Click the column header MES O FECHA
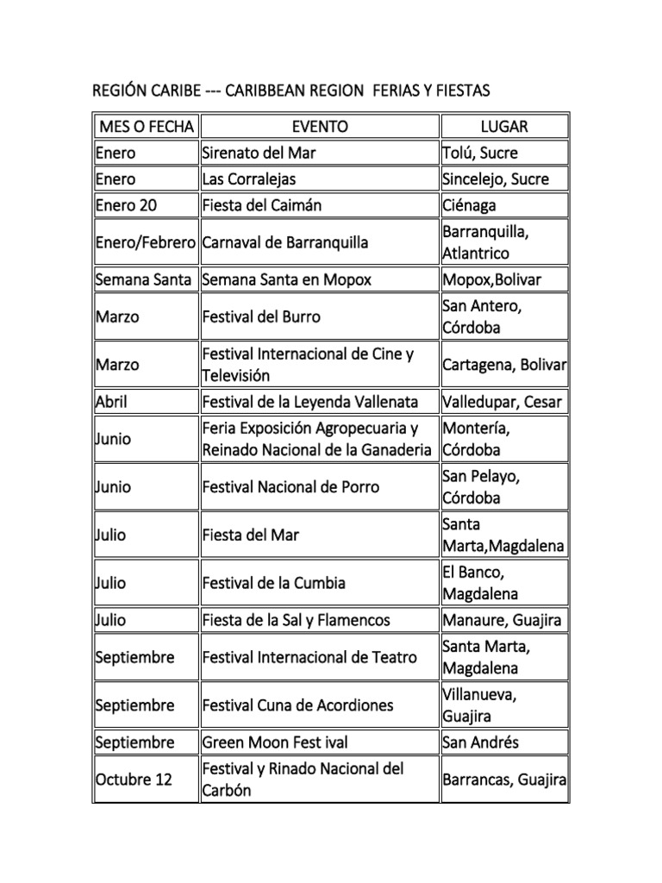[146, 127]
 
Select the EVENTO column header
[320, 127]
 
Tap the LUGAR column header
[504, 127]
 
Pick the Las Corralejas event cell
[249, 179]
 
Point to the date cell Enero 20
[125, 205]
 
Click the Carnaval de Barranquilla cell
[285, 242]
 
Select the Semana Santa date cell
[144, 279]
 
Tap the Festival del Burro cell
[261, 316]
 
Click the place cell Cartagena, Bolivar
[504, 365]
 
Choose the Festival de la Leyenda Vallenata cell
[309, 402]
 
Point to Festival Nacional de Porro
[290, 487]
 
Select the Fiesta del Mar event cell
[251, 535]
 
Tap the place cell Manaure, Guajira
[502, 620]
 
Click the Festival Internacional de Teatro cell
[309, 657]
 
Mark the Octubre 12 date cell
[134, 780]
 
